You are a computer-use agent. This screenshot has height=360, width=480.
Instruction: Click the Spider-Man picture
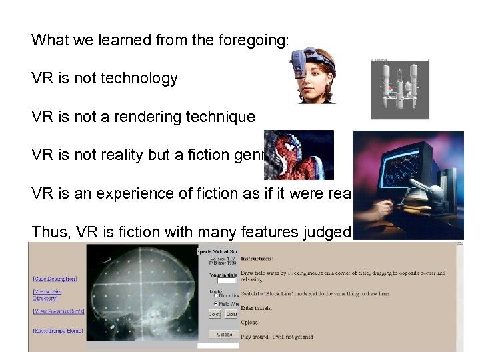coord(298,155)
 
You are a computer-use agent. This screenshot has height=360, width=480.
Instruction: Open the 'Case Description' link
coord(55,279)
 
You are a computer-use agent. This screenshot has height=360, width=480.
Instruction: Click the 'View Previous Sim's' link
coord(59,311)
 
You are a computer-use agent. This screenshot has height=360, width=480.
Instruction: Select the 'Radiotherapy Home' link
coord(57,331)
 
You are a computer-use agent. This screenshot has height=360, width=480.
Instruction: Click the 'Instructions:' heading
coord(257,257)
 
